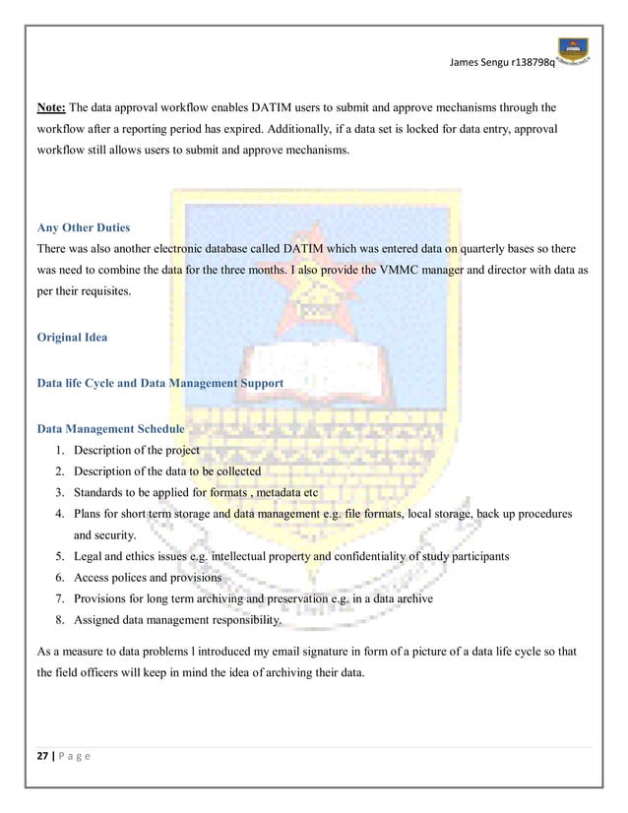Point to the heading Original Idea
pos(72,337)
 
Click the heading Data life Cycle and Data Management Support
pos(159,382)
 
